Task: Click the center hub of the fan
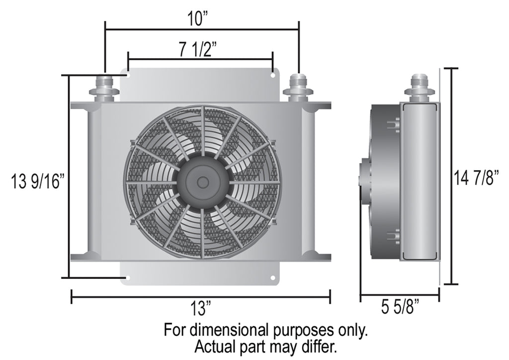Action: click(203, 182)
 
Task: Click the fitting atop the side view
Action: click(420, 88)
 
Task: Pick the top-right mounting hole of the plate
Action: click(273, 76)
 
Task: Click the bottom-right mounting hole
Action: click(273, 277)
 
